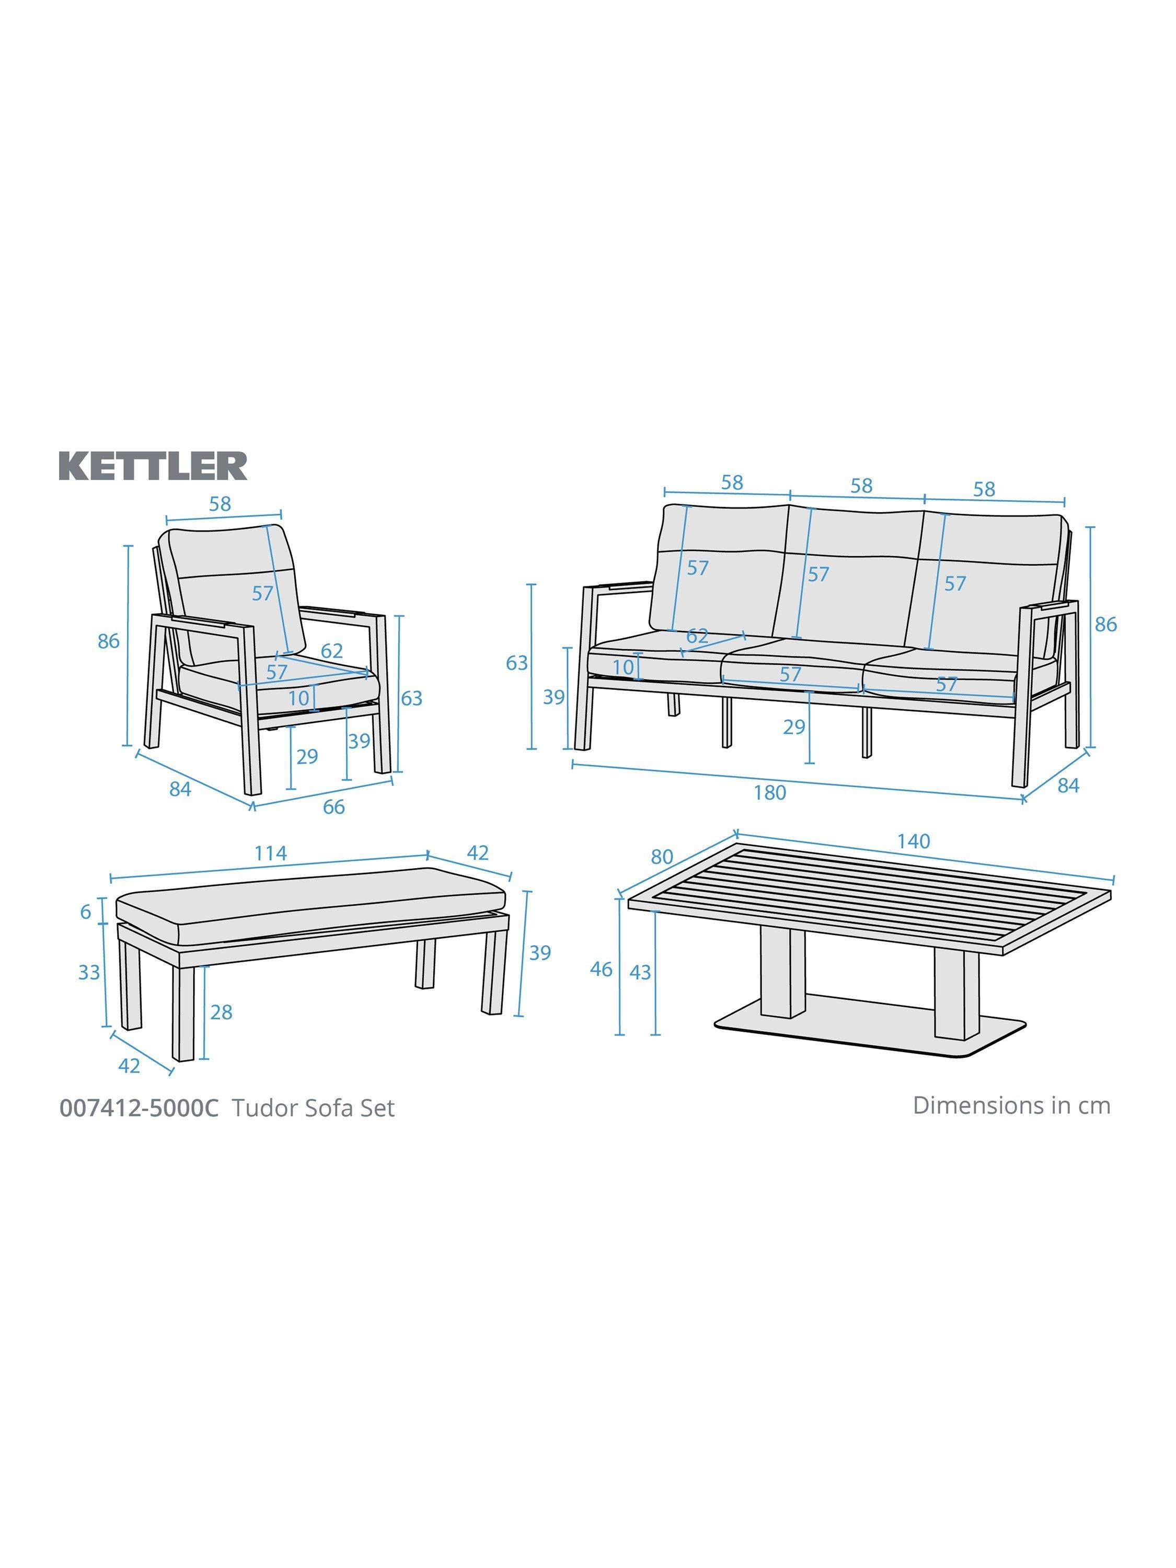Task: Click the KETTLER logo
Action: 153,466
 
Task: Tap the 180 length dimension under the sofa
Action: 770,792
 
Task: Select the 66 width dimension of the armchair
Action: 333,806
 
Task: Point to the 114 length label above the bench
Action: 271,853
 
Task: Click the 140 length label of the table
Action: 913,841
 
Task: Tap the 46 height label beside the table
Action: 601,969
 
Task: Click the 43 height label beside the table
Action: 640,973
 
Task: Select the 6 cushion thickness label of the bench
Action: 86,912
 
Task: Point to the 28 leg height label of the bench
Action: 221,1012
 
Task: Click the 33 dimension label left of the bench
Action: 89,973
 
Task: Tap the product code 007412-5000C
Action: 140,1108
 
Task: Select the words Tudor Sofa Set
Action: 313,1108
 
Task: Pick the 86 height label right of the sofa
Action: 1106,625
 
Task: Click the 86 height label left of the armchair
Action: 109,641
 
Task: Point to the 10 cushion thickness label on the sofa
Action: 623,667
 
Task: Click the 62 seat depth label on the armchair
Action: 332,651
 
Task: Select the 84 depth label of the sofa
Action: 1068,786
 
